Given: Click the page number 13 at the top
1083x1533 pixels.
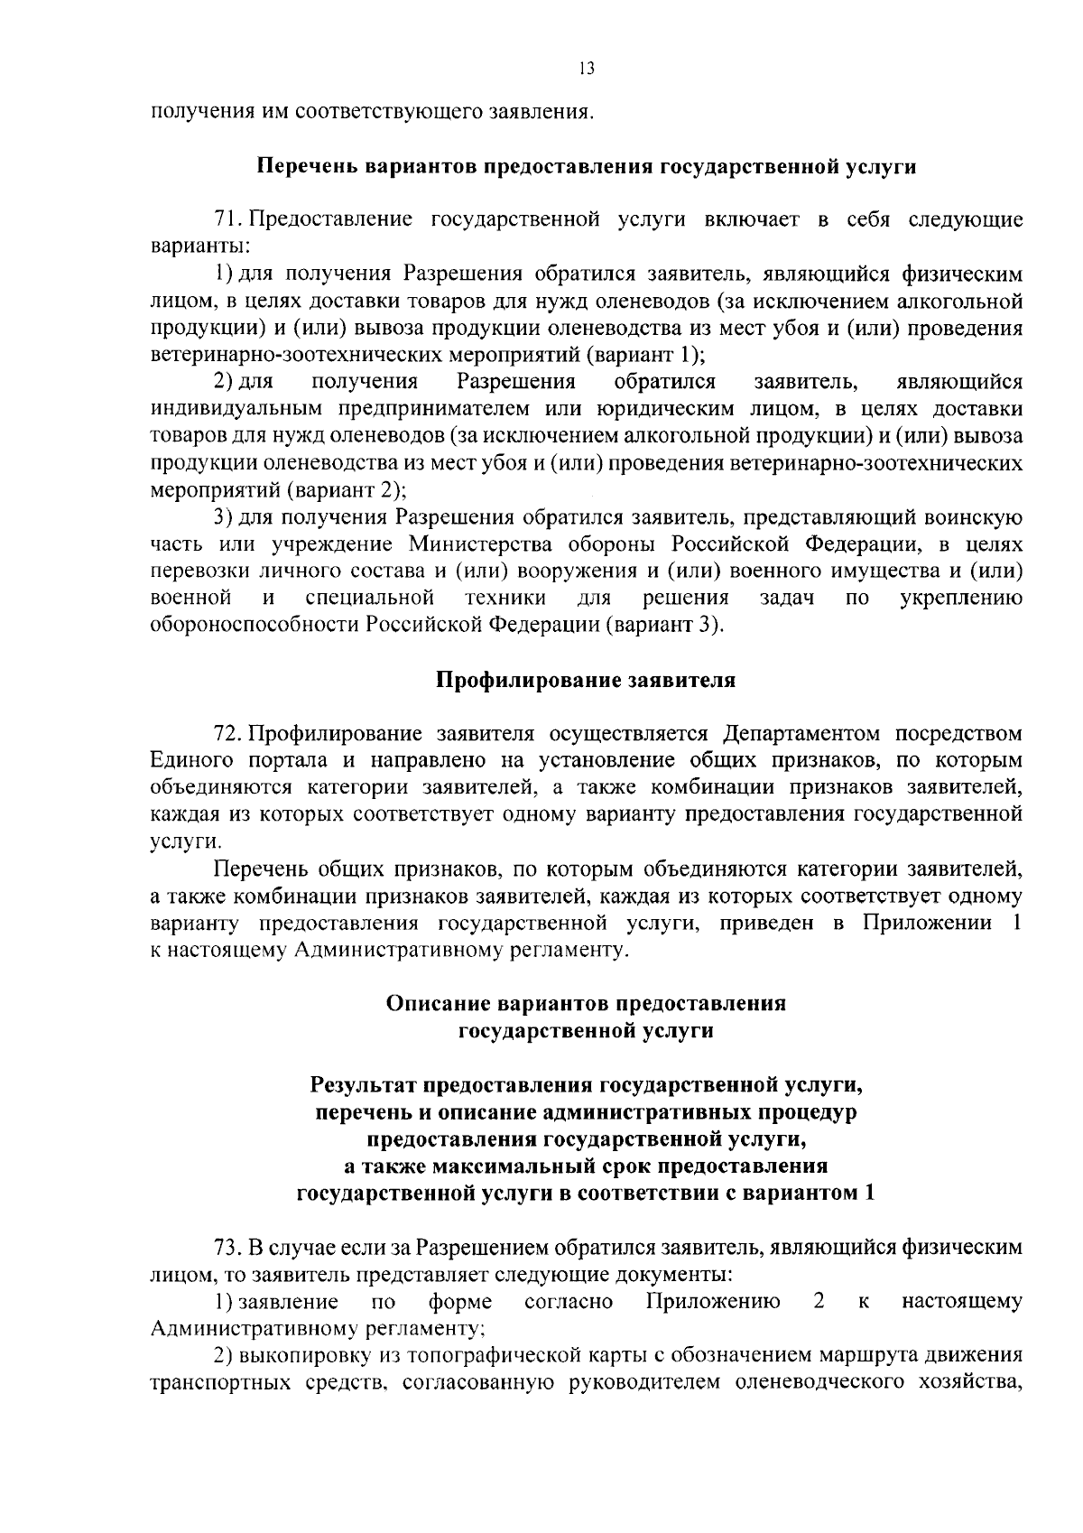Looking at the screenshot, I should tap(588, 70).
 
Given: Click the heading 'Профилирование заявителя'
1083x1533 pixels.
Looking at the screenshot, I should tap(586, 680).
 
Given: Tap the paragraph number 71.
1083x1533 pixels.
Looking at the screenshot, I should tap(228, 220).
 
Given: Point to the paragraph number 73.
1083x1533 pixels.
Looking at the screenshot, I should tap(228, 1249).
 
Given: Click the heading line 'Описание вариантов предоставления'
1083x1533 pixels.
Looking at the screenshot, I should tap(586, 1003).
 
